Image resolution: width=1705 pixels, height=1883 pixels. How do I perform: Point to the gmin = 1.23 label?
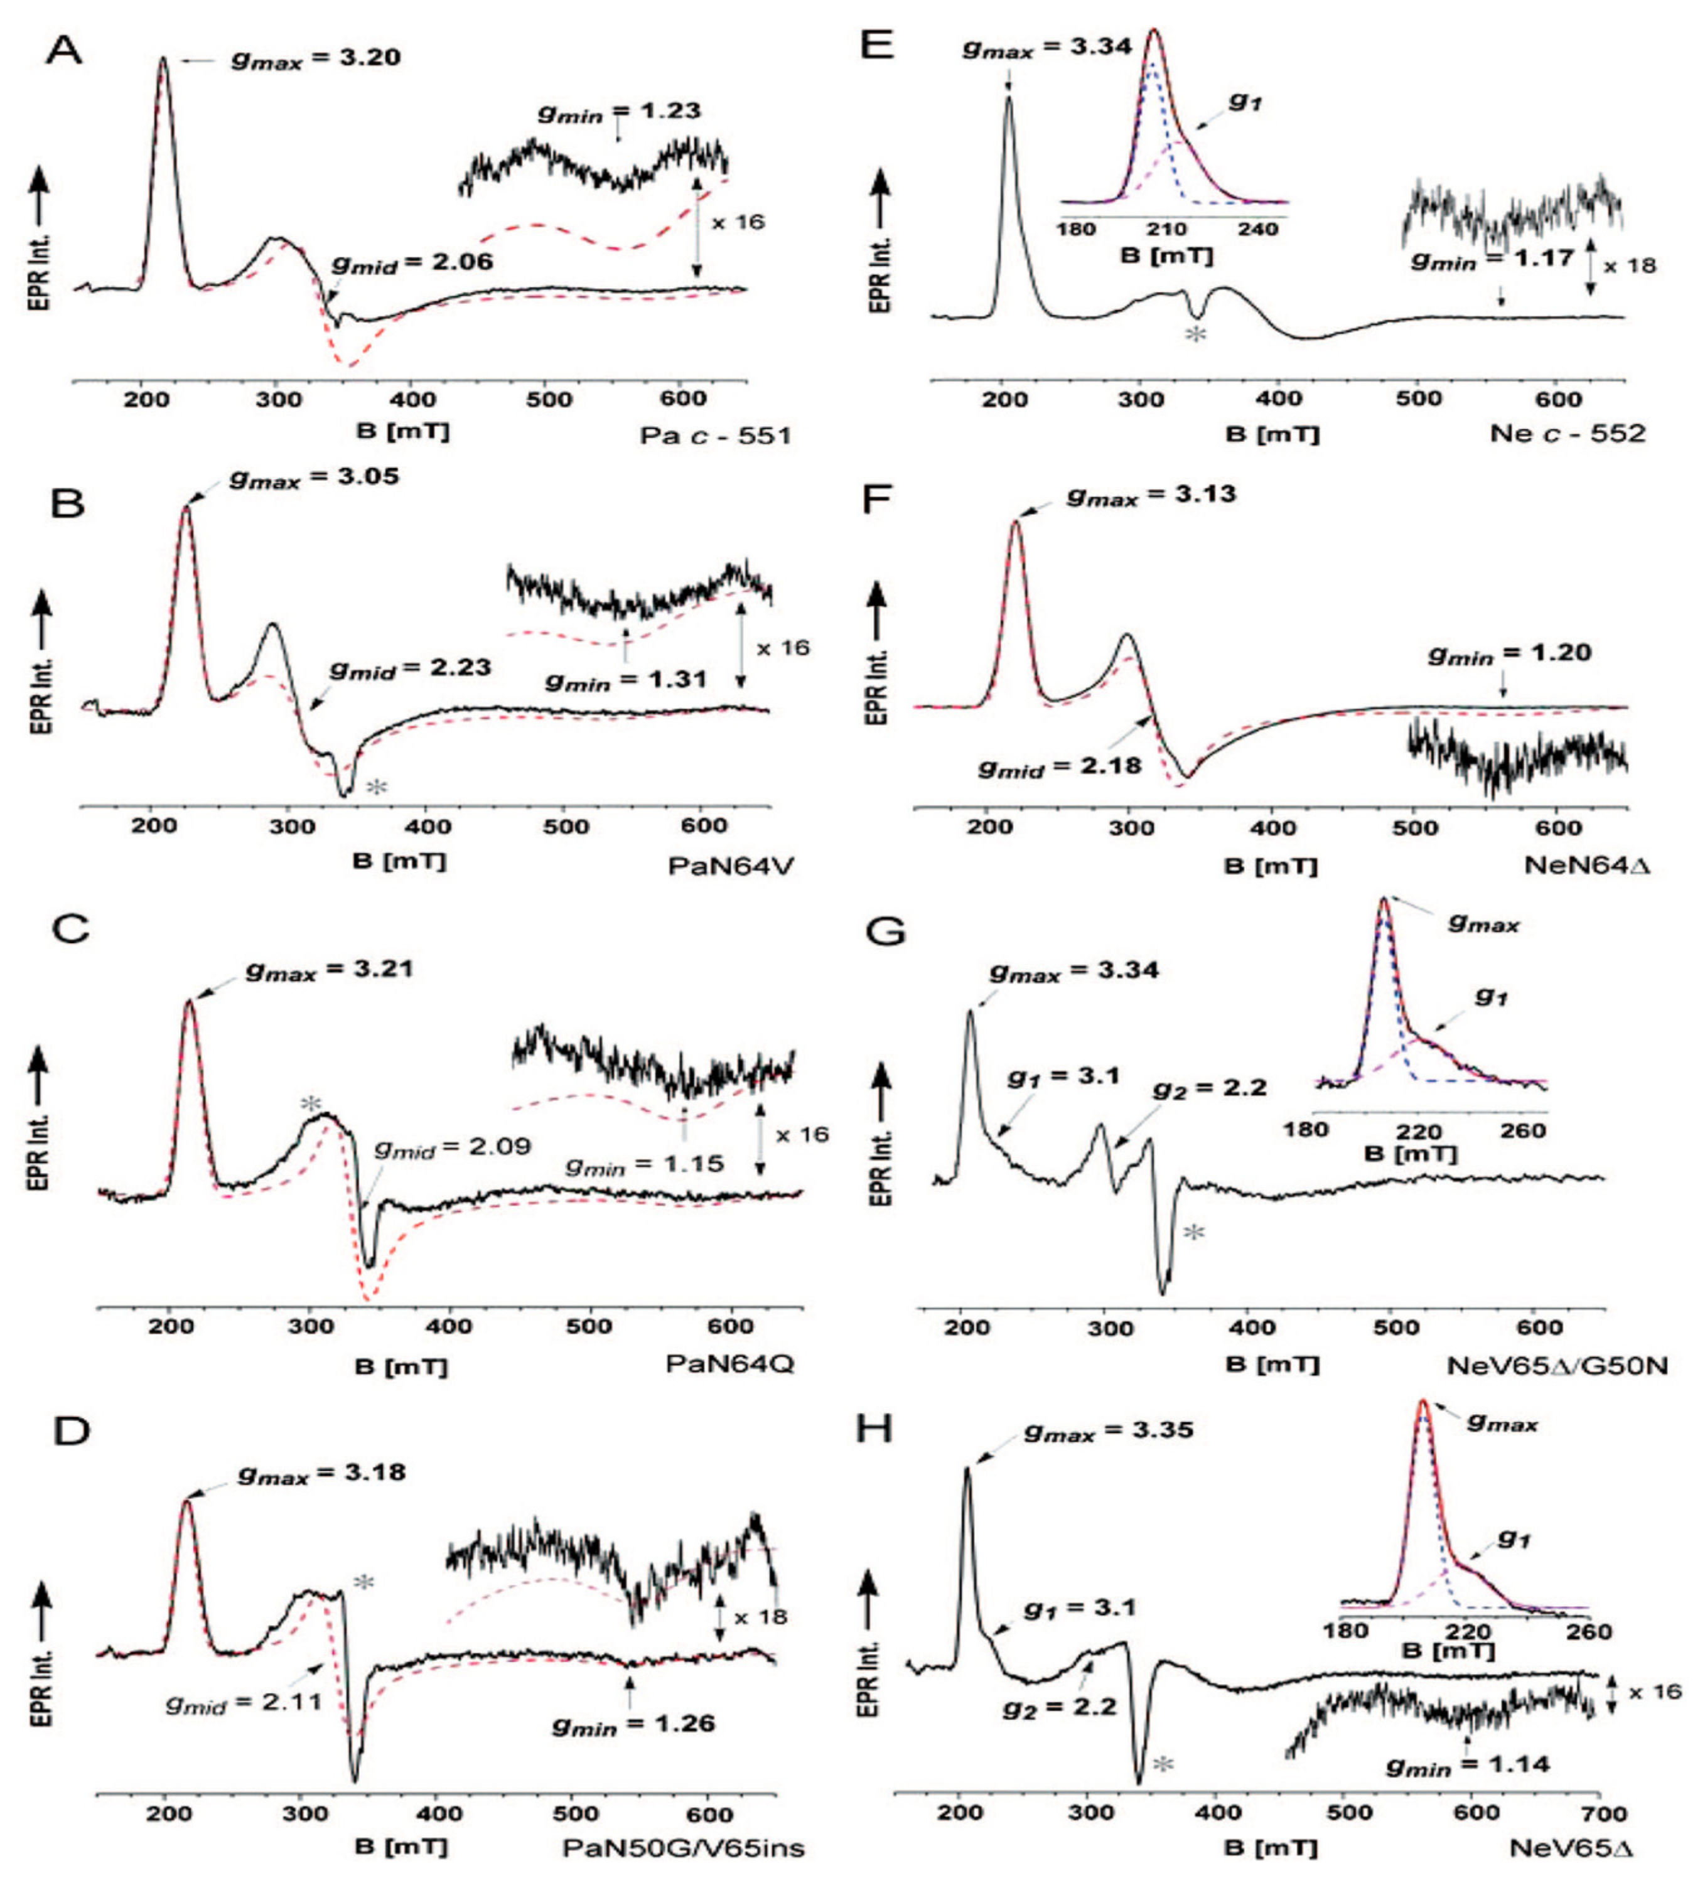618,112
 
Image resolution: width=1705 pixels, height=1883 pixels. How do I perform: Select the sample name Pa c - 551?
714,435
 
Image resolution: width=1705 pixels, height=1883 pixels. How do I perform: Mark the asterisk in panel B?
375,786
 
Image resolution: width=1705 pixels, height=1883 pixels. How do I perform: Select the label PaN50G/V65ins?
683,1847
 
